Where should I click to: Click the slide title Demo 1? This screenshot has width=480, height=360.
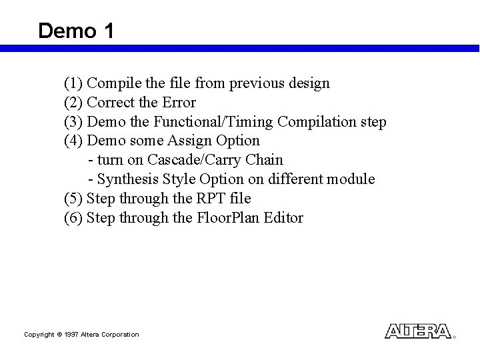tap(76, 31)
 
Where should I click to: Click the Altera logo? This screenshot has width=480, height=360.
tap(418, 331)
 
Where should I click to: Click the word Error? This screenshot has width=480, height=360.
tap(178, 103)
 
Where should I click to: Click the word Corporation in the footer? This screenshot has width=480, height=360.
tap(121, 334)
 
